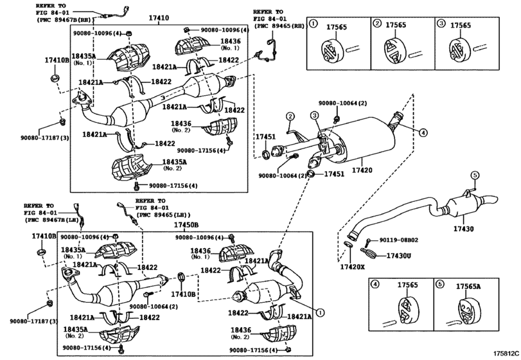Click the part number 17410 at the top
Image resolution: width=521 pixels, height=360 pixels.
[159, 18]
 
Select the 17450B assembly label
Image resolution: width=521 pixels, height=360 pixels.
[186, 225]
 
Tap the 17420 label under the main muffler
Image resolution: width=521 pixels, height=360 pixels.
[362, 170]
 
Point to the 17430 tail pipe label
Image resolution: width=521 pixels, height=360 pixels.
[464, 229]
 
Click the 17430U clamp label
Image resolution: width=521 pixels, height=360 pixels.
[399, 256]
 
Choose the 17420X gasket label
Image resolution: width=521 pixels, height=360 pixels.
[353, 267]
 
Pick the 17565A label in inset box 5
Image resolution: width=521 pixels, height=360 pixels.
[468, 286]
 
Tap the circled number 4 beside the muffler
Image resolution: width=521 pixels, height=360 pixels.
[423, 133]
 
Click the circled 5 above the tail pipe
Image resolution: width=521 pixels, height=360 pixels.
[475, 175]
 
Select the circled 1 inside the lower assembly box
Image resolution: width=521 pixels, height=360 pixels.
[320, 312]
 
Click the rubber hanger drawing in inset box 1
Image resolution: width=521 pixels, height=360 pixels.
[331, 51]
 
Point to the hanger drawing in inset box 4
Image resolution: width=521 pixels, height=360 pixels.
[408, 309]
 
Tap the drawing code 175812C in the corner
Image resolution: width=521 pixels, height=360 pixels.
[506, 353]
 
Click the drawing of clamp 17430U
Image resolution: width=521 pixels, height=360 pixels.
[368, 253]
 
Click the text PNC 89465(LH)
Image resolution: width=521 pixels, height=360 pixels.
[163, 215]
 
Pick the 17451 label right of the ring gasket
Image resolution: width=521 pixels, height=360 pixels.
[334, 174]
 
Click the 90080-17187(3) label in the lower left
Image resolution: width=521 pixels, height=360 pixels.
[34, 321]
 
